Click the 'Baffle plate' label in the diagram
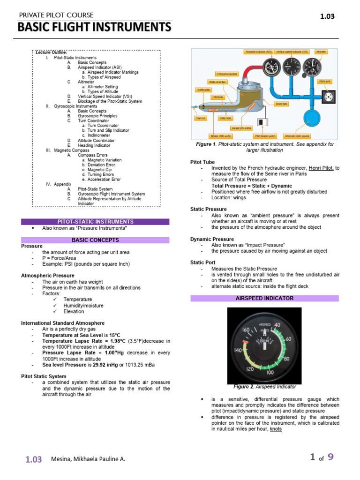[202, 89]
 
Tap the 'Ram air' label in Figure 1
[201, 118]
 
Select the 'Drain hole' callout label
[281, 103]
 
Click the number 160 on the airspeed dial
[246, 330]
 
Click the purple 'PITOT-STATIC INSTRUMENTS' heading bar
[95, 222]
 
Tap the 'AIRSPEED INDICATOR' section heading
[265, 298]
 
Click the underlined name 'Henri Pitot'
[321, 168]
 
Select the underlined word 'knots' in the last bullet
[276, 429]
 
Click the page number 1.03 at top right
[327, 16]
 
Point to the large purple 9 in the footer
[331, 457]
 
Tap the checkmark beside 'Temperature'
[55, 299]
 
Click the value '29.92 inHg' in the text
[105, 365]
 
